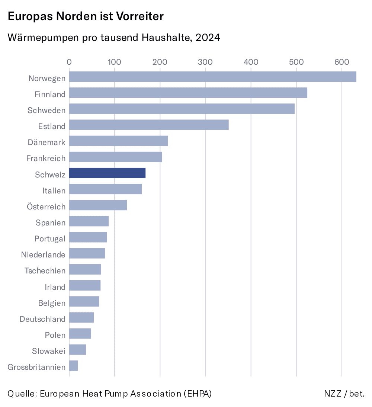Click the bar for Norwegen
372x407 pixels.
click(212, 77)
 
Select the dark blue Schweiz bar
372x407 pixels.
click(107, 173)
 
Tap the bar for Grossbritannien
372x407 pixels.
click(73, 366)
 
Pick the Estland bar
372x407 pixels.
click(149, 125)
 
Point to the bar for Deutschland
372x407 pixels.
click(81, 318)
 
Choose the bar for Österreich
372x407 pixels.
click(98, 205)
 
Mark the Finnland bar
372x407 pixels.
click(188, 93)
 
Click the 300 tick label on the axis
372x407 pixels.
click(205, 62)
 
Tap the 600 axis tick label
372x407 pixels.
click(341, 62)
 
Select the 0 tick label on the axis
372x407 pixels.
click(69, 62)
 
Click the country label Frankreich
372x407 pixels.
click(46, 158)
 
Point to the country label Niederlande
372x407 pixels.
click(43, 255)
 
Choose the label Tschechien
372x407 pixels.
click(45, 271)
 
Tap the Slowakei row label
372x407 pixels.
click(48, 351)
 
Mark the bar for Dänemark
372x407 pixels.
click(118, 141)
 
